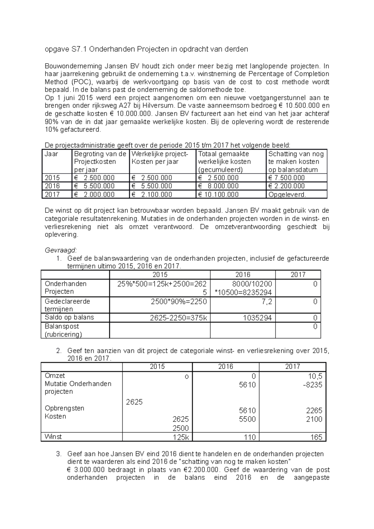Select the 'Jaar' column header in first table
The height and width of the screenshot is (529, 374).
tap(51, 154)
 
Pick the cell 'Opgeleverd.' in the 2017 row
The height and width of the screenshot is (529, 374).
tap(287, 194)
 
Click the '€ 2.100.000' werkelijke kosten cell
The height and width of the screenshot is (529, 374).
tap(151, 194)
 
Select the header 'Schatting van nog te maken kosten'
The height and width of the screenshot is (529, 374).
tap(296, 162)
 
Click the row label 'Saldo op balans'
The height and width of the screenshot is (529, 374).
tap(69, 317)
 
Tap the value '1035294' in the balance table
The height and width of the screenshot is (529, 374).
tap(259, 318)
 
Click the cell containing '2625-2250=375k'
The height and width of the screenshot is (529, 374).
tap(178, 318)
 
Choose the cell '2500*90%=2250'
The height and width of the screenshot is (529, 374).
tap(178, 301)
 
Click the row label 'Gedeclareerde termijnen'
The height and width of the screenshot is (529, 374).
tap(67, 305)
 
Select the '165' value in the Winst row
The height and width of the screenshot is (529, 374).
tap(316, 437)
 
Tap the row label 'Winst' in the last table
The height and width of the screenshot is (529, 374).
tap(53, 437)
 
